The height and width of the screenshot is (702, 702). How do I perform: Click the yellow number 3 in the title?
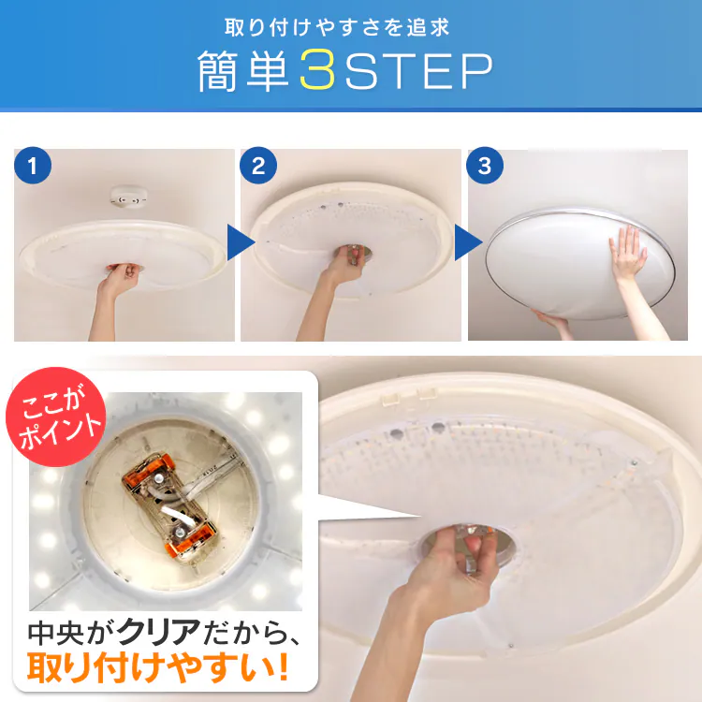[318, 70]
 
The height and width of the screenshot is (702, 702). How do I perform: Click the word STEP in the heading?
[419, 71]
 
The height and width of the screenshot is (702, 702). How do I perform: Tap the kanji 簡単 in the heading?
[243, 71]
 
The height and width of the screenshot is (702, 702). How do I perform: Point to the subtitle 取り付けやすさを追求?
[337, 27]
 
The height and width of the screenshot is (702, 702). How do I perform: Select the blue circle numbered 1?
[33, 166]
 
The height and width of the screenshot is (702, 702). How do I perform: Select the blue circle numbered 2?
[258, 166]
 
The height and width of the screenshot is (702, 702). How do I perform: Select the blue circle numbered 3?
[485, 166]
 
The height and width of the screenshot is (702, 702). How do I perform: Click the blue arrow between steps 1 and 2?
[240, 242]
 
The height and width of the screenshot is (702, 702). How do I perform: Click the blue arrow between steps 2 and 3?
[467, 242]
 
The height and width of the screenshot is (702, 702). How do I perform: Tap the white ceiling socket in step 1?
[129, 197]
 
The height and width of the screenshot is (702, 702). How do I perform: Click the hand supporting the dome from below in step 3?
[549, 319]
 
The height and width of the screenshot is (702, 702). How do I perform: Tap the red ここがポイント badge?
[55, 417]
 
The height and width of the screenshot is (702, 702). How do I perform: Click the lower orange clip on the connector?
[191, 540]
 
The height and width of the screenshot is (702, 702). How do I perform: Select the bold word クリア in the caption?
[158, 632]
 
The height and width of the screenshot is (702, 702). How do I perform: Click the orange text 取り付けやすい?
[157, 668]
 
